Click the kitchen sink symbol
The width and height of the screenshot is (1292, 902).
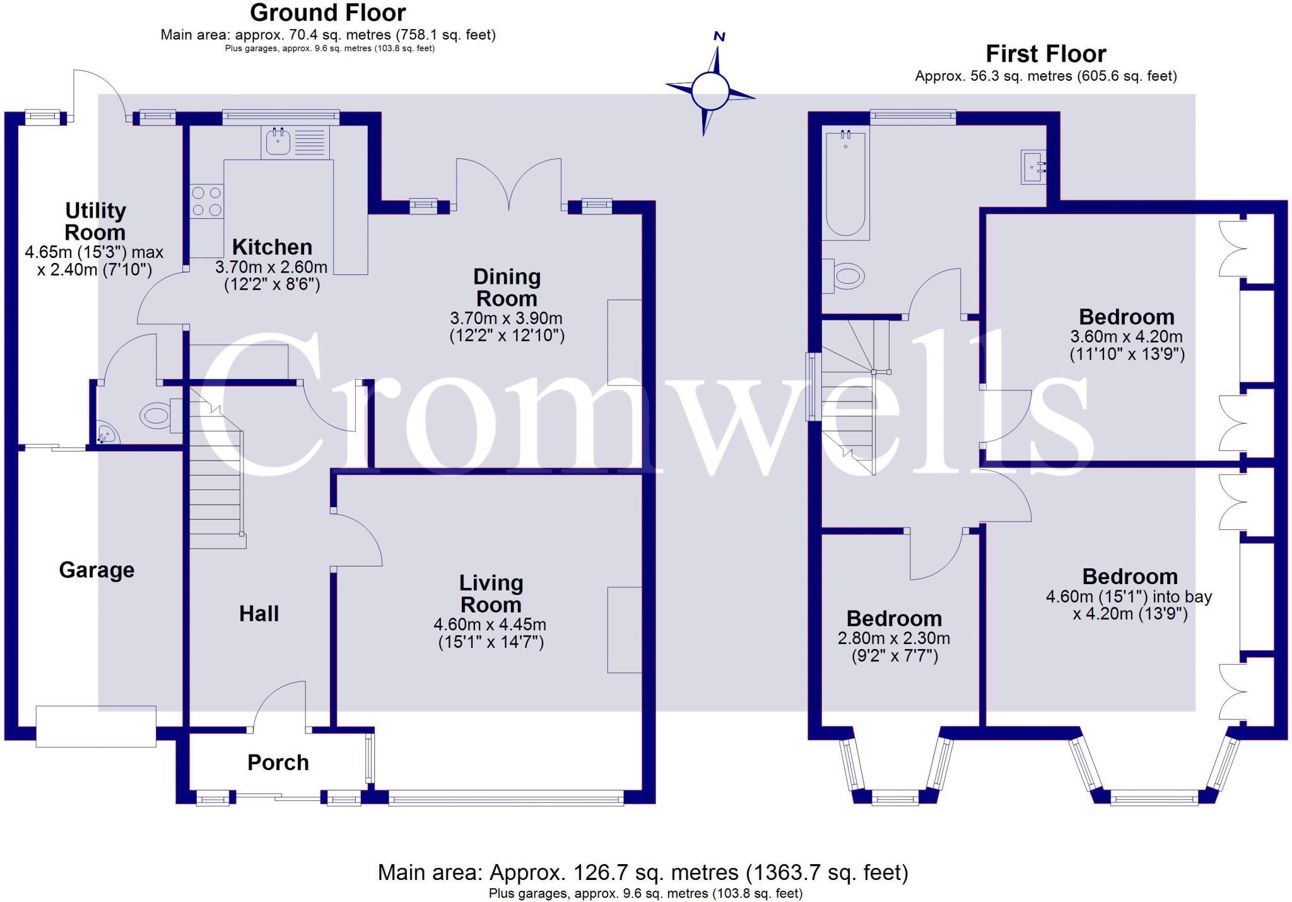pos(278,141)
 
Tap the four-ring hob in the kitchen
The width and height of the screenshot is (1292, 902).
pos(207,201)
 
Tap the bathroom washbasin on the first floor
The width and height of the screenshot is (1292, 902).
pos(1033,167)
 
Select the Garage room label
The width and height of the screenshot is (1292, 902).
pos(97,570)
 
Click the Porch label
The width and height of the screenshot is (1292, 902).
pos(278,763)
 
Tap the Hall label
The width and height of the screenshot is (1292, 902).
pos(259,614)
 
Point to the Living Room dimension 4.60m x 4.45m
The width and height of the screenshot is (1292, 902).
pos(490,625)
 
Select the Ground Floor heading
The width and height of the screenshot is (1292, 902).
pos(328,13)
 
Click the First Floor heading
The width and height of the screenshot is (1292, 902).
pos(1045,54)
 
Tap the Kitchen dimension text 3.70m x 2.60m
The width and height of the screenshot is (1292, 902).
pos(271,267)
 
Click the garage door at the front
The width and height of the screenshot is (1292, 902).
pos(96,727)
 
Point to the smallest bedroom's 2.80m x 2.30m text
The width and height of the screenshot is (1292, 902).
pos(894,638)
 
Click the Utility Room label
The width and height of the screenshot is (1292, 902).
pos(95,221)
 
